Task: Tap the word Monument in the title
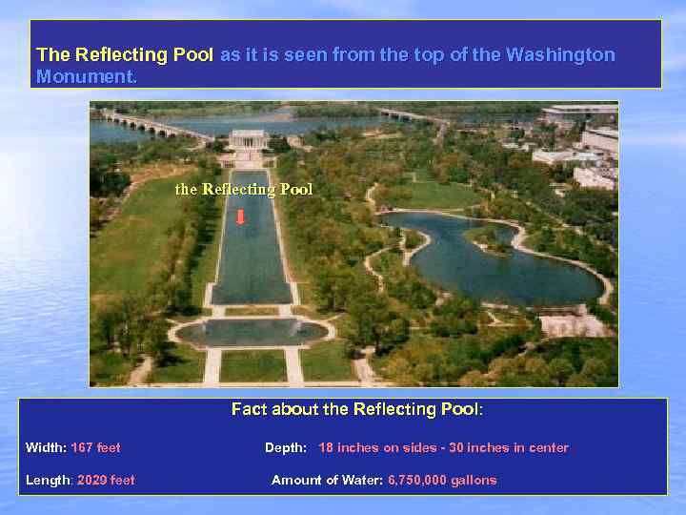coord(85,76)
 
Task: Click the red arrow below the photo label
coord(240,216)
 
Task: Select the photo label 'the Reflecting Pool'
coord(244,190)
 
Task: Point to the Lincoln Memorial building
coord(249,138)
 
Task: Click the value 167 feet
coord(95,447)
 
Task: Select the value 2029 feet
coord(106,480)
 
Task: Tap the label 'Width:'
coord(46,447)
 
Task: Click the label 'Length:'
coord(50,480)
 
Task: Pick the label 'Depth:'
coord(286,447)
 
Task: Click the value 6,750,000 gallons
coord(442,480)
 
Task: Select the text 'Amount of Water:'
coord(328,480)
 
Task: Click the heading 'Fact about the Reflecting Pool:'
coord(357,409)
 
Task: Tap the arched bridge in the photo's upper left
coord(152,123)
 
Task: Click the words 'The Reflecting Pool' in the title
coord(125,54)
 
